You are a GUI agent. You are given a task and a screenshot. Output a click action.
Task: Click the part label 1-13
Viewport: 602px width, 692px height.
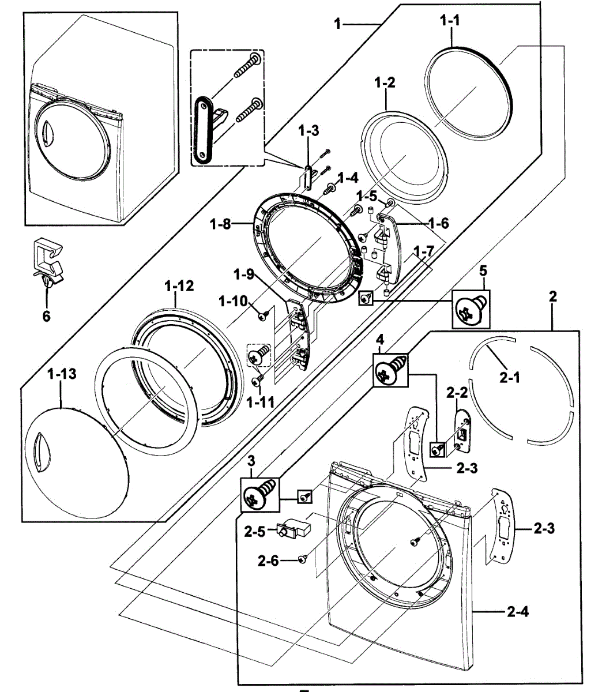point(62,374)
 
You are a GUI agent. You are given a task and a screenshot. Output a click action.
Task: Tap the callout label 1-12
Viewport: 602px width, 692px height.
point(179,285)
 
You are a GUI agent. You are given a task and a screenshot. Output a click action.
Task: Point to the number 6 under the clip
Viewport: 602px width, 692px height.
point(46,315)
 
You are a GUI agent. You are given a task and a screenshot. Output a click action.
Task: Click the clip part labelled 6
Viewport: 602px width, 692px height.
point(48,259)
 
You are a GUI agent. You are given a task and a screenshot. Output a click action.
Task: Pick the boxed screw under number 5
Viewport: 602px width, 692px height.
point(471,309)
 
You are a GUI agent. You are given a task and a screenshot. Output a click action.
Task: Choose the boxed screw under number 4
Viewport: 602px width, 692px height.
point(391,368)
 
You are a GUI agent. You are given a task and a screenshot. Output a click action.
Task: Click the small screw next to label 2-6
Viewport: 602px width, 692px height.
point(303,559)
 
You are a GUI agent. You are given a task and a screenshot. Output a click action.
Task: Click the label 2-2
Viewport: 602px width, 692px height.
point(457,393)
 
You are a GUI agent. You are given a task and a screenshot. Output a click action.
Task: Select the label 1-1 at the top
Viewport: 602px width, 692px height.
point(450,21)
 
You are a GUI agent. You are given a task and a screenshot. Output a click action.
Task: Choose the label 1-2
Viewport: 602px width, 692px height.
point(384,82)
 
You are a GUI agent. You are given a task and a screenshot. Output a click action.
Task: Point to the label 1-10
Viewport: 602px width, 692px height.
point(233,300)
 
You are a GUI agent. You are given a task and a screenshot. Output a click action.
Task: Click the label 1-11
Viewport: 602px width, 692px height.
point(260,403)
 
